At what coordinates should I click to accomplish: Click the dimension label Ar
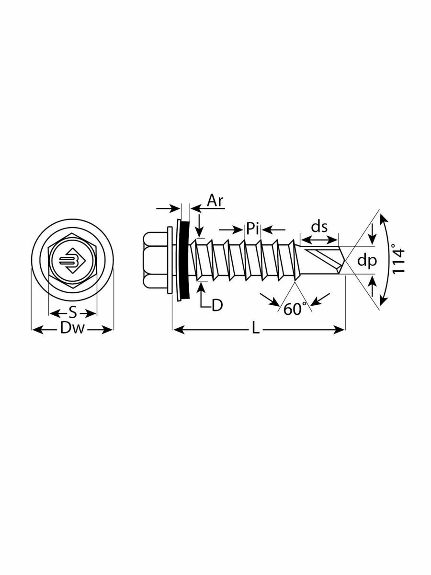pyautogui.click(x=215, y=201)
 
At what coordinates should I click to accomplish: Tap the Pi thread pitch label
pyautogui.click(x=252, y=228)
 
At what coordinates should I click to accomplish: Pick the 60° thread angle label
pyautogui.click(x=295, y=310)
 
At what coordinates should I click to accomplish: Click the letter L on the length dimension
pyautogui.click(x=257, y=329)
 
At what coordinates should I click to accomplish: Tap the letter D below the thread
pyautogui.click(x=217, y=305)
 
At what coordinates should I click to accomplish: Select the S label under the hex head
pyautogui.click(x=72, y=313)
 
